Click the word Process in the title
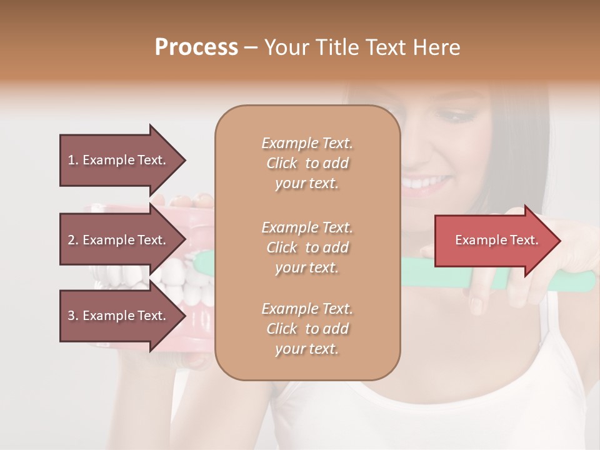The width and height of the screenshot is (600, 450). [x=196, y=47]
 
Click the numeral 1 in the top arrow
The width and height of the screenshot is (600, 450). [x=71, y=160]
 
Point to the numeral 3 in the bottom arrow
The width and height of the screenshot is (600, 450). [x=71, y=316]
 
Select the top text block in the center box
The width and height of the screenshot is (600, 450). [x=307, y=163]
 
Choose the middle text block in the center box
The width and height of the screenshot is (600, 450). [x=307, y=247]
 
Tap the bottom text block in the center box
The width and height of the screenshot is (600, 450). [x=307, y=329]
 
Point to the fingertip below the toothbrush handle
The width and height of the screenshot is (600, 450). [x=476, y=306]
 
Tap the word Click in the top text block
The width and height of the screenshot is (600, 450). [x=282, y=163]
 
